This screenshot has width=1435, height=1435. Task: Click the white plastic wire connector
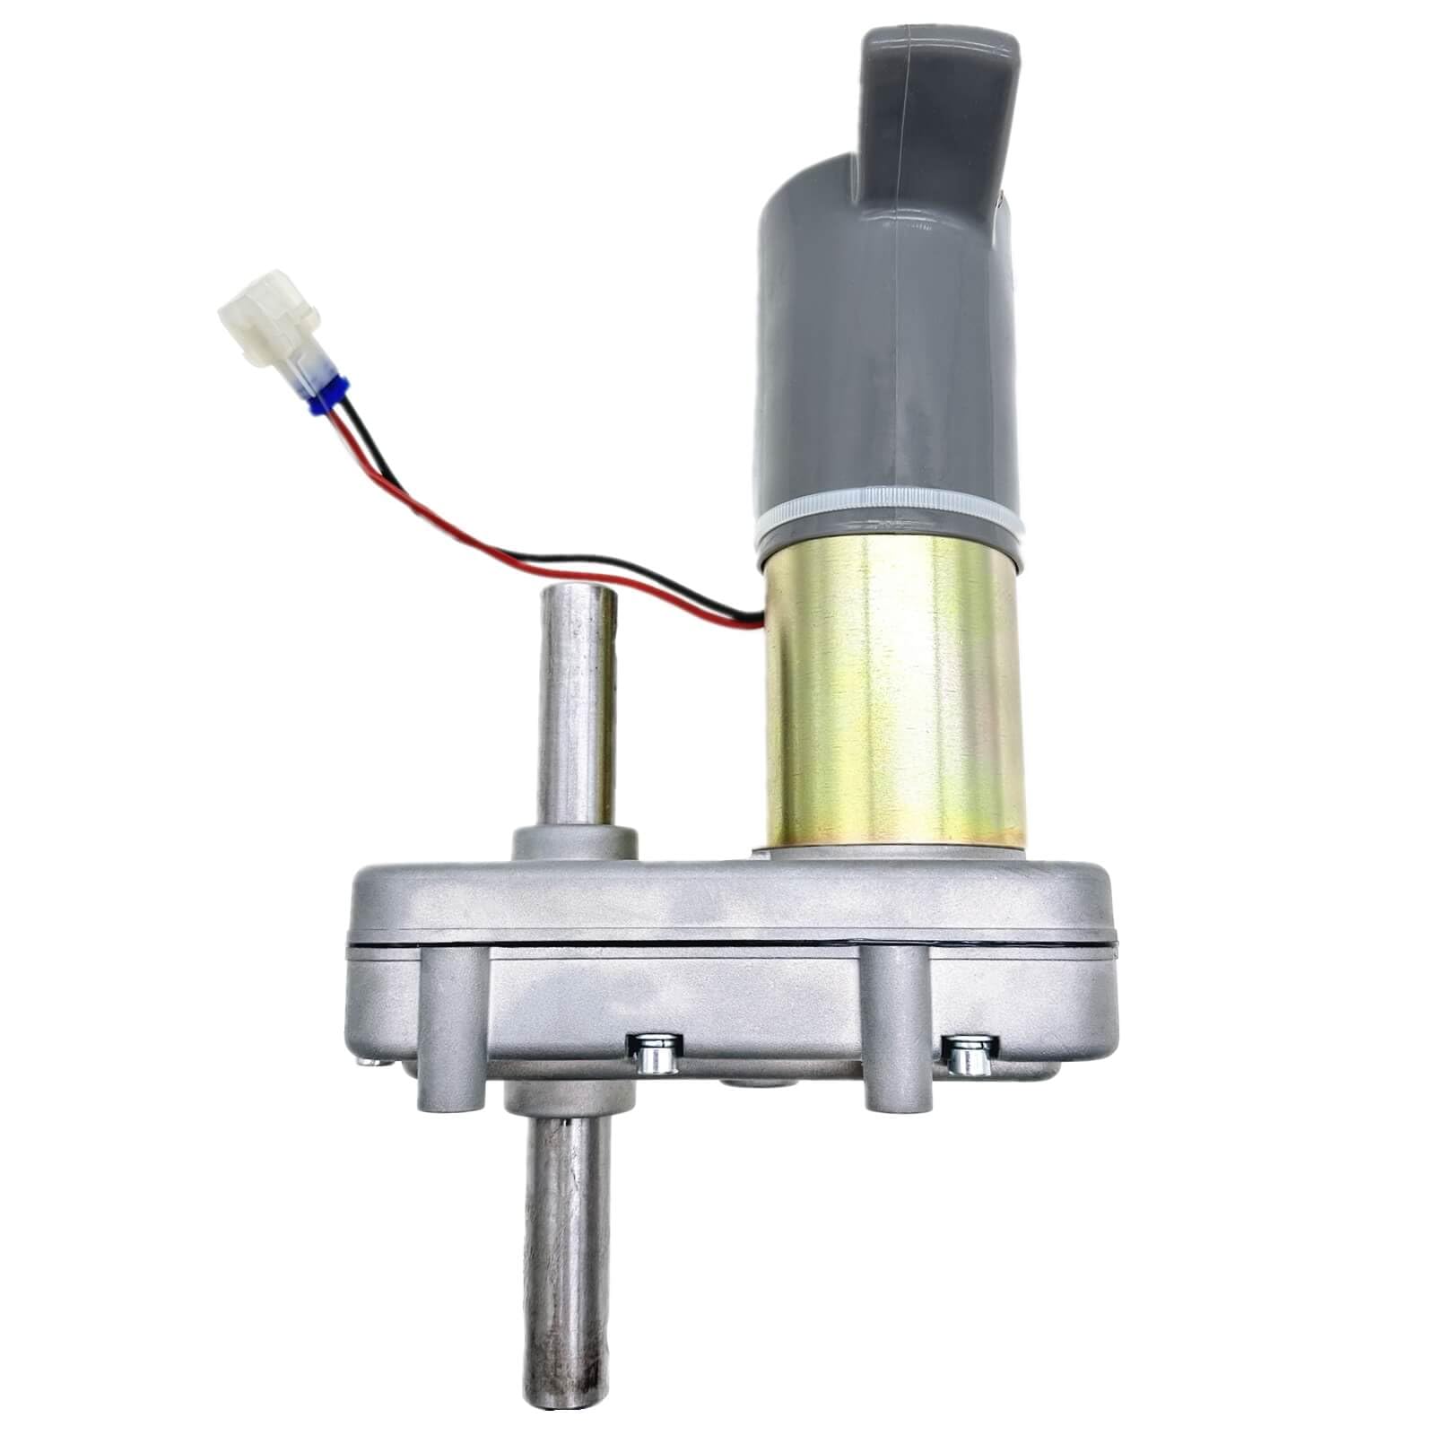pyautogui.click(x=269, y=329)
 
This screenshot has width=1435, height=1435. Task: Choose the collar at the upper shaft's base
pyautogui.click(x=574, y=844)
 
